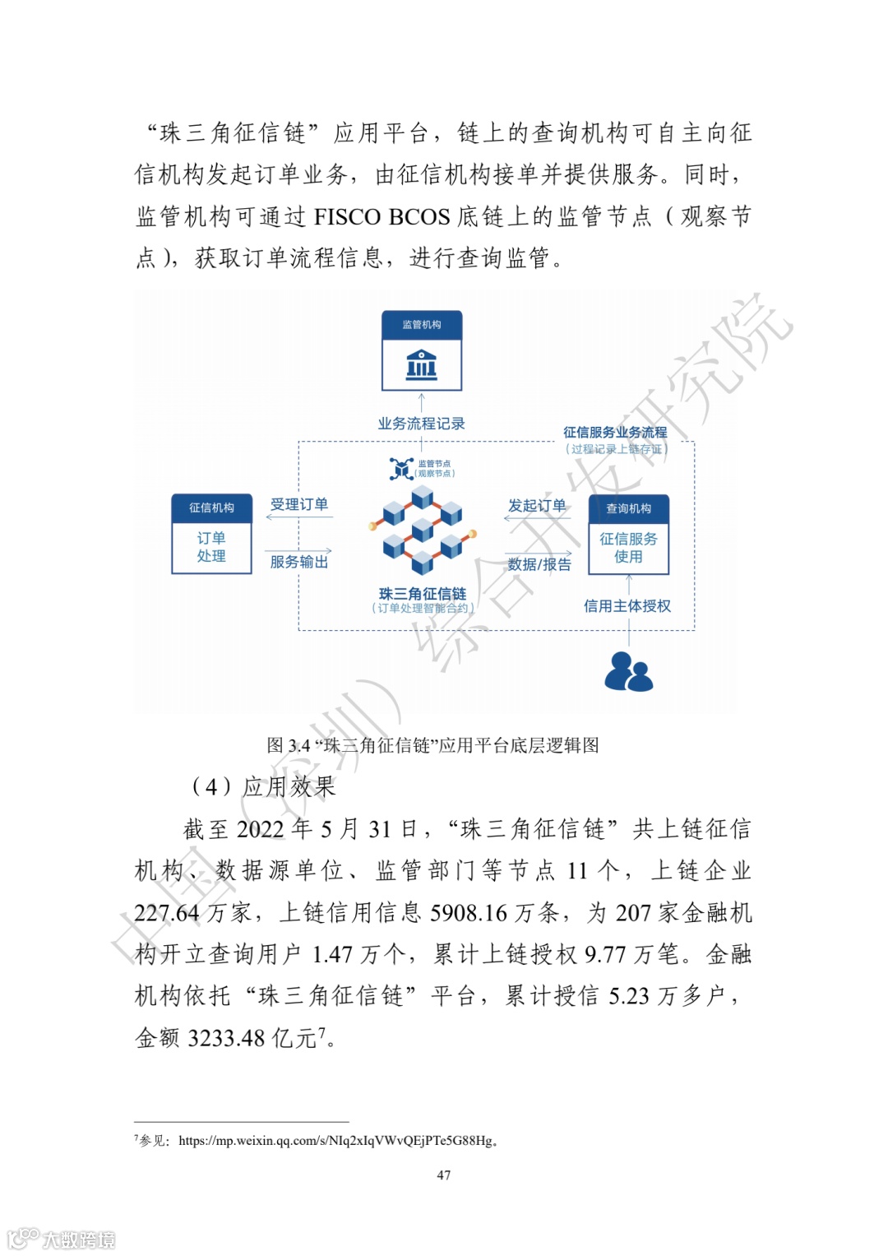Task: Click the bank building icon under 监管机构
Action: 421,363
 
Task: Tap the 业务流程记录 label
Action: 421,424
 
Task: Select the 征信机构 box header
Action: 211,507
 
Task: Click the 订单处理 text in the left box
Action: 211,547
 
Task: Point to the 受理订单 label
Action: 298,504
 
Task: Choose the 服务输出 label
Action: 298,562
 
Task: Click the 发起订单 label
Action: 537,505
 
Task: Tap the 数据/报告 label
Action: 539,564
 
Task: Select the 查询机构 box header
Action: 628,508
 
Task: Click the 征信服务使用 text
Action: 628,548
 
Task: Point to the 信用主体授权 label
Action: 627,606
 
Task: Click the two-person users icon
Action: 628,671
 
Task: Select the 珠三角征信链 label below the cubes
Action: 422,594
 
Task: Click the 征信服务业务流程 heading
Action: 615,432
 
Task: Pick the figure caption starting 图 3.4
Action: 432,745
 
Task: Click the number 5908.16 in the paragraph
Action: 469,913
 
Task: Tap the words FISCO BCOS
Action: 382,217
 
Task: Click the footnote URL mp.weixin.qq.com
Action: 337,1141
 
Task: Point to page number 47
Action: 444,1175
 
